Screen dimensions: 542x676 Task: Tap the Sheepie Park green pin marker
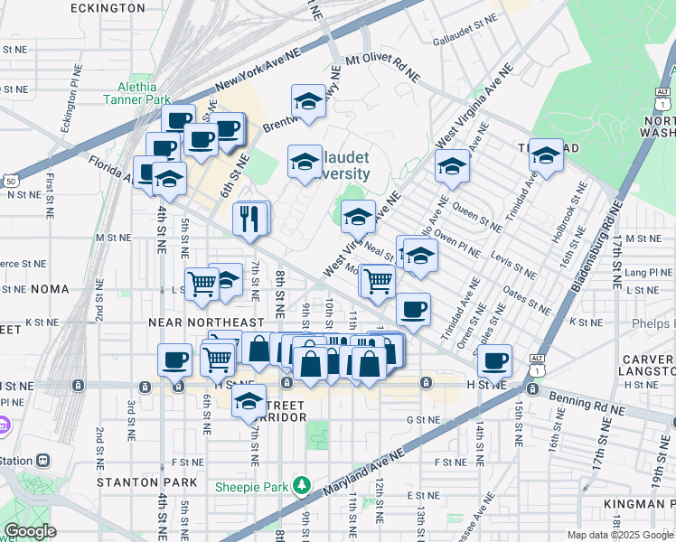point(302,487)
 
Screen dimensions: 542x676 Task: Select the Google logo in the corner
point(29,531)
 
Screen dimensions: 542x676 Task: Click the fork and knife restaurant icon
point(248,218)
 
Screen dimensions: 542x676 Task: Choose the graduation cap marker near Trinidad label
point(546,155)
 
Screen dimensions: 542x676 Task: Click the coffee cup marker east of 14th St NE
point(494,360)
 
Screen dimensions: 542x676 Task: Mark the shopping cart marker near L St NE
point(202,284)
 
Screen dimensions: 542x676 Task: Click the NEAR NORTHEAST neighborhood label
point(206,322)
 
